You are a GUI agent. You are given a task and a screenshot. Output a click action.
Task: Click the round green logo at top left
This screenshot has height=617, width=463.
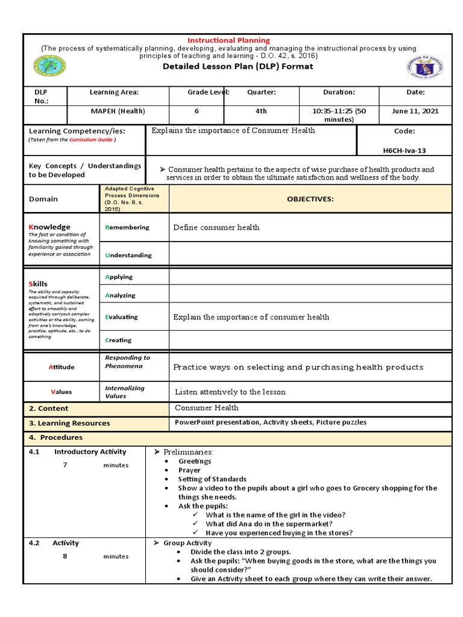click(51, 66)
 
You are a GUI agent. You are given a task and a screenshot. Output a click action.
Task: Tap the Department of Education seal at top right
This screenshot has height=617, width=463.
click(426, 68)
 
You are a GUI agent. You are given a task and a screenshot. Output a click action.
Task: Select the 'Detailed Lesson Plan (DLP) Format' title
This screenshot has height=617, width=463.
click(238, 66)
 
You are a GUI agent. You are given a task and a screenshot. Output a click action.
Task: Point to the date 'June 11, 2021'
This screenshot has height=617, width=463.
click(415, 111)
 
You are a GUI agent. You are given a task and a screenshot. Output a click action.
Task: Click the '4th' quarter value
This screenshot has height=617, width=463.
click(260, 111)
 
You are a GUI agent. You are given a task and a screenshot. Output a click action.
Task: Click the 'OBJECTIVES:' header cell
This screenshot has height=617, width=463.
click(310, 199)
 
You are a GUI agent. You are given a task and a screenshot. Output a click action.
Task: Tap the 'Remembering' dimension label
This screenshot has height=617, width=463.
click(128, 227)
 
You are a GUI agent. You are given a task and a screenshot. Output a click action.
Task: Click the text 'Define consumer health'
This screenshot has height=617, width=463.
click(216, 227)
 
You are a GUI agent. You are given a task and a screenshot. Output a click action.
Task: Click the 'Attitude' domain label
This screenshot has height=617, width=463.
click(61, 367)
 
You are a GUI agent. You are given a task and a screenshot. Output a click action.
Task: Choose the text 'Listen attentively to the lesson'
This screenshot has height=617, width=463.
click(230, 392)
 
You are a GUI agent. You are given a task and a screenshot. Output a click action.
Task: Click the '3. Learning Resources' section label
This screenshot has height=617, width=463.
click(70, 423)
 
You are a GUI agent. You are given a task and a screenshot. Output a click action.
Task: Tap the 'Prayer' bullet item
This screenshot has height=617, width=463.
click(189, 470)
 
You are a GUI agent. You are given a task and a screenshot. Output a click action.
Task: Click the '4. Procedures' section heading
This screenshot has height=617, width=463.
click(56, 437)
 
